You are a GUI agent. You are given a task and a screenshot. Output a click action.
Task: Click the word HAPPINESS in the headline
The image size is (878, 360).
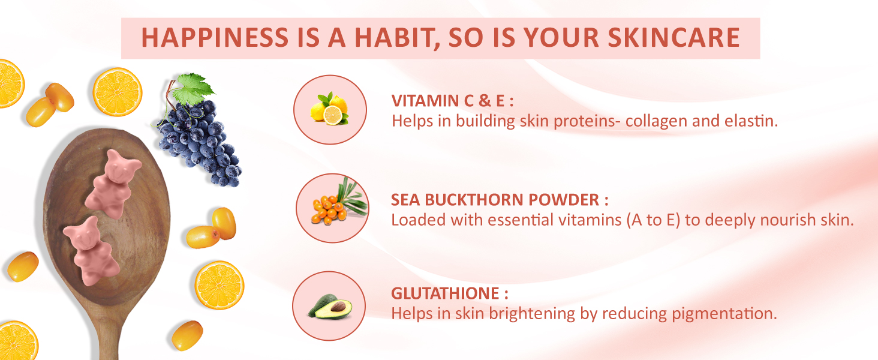click(x=215, y=38)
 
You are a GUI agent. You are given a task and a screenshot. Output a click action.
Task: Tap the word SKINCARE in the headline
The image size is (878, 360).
click(x=673, y=38)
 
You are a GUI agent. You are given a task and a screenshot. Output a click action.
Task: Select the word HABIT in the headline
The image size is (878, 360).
click(x=396, y=38)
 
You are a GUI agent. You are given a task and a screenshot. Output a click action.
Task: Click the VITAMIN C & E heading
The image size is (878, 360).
click(x=452, y=101)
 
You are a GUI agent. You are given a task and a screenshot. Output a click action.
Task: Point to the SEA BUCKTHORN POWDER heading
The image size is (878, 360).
click(x=500, y=200)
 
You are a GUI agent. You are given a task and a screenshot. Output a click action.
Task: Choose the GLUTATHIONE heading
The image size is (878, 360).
click(x=450, y=293)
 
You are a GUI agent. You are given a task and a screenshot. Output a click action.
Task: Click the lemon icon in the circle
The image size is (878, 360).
click(x=329, y=109)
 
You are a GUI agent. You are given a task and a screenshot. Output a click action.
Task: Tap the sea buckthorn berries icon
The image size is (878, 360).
click(x=339, y=202)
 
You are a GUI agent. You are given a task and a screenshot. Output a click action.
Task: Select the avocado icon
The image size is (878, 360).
click(x=330, y=306)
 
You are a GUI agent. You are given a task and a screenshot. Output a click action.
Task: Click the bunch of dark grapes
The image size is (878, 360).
click(x=200, y=143)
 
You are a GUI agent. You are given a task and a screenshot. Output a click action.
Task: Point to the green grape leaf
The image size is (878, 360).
click(x=193, y=89)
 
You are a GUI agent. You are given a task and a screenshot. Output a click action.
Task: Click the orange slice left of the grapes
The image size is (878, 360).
click(x=117, y=92)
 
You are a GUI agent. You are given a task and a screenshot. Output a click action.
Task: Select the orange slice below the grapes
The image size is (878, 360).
click(x=220, y=285)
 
